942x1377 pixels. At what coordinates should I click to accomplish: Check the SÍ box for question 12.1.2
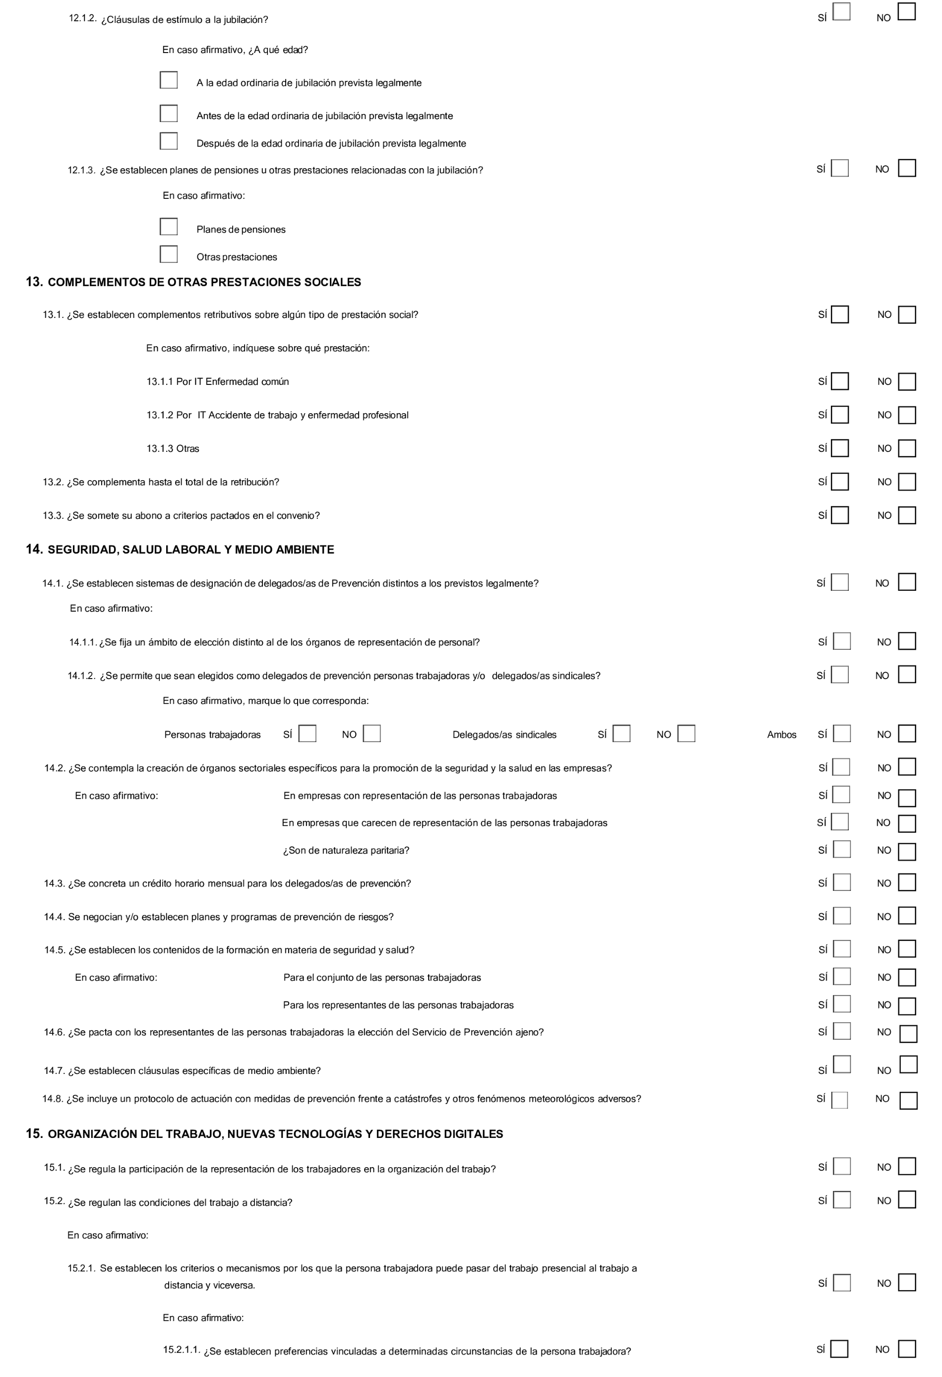(841, 12)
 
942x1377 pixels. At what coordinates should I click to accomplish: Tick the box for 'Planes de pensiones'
(169, 227)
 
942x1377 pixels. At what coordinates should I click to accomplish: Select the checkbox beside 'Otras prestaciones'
(169, 254)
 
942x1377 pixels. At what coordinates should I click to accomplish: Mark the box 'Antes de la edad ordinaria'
(169, 113)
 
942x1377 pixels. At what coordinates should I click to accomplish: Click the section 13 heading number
(34, 282)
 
